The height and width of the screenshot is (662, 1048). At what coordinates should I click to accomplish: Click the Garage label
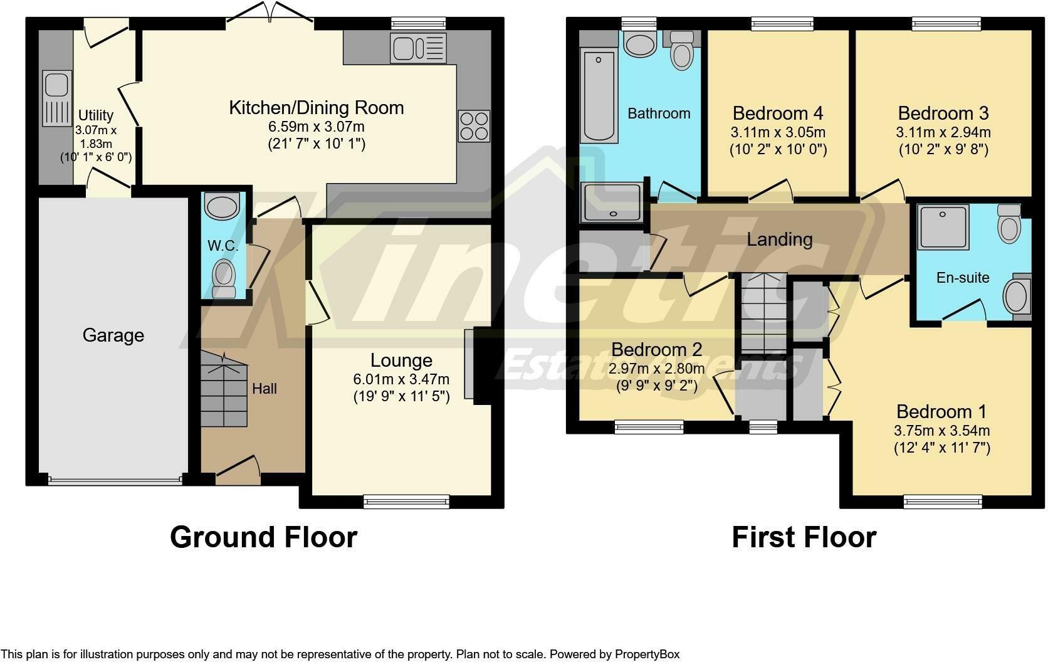click(x=113, y=335)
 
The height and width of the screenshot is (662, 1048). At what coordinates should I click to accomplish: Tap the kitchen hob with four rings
click(x=474, y=126)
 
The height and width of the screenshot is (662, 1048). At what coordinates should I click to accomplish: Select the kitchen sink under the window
click(x=418, y=48)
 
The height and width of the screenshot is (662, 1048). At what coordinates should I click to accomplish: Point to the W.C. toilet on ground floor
click(x=223, y=279)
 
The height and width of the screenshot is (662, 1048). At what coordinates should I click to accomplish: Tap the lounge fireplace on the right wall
click(x=470, y=364)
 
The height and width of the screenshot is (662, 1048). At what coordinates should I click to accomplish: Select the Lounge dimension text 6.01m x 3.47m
click(x=401, y=379)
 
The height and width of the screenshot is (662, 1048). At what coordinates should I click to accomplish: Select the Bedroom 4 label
click(x=778, y=113)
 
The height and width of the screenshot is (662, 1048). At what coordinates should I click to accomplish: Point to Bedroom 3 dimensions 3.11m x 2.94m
click(x=943, y=132)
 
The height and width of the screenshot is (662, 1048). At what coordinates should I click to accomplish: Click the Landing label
click(x=779, y=239)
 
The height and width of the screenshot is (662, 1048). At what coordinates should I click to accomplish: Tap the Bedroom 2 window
click(x=649, y=428)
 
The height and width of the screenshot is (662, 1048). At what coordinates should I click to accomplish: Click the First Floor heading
click(x=804, y=537)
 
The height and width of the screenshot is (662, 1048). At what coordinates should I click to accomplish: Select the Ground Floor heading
click(x=263, y=537)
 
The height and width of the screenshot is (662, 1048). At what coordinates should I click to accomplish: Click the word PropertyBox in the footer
click(x=647, y=654)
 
